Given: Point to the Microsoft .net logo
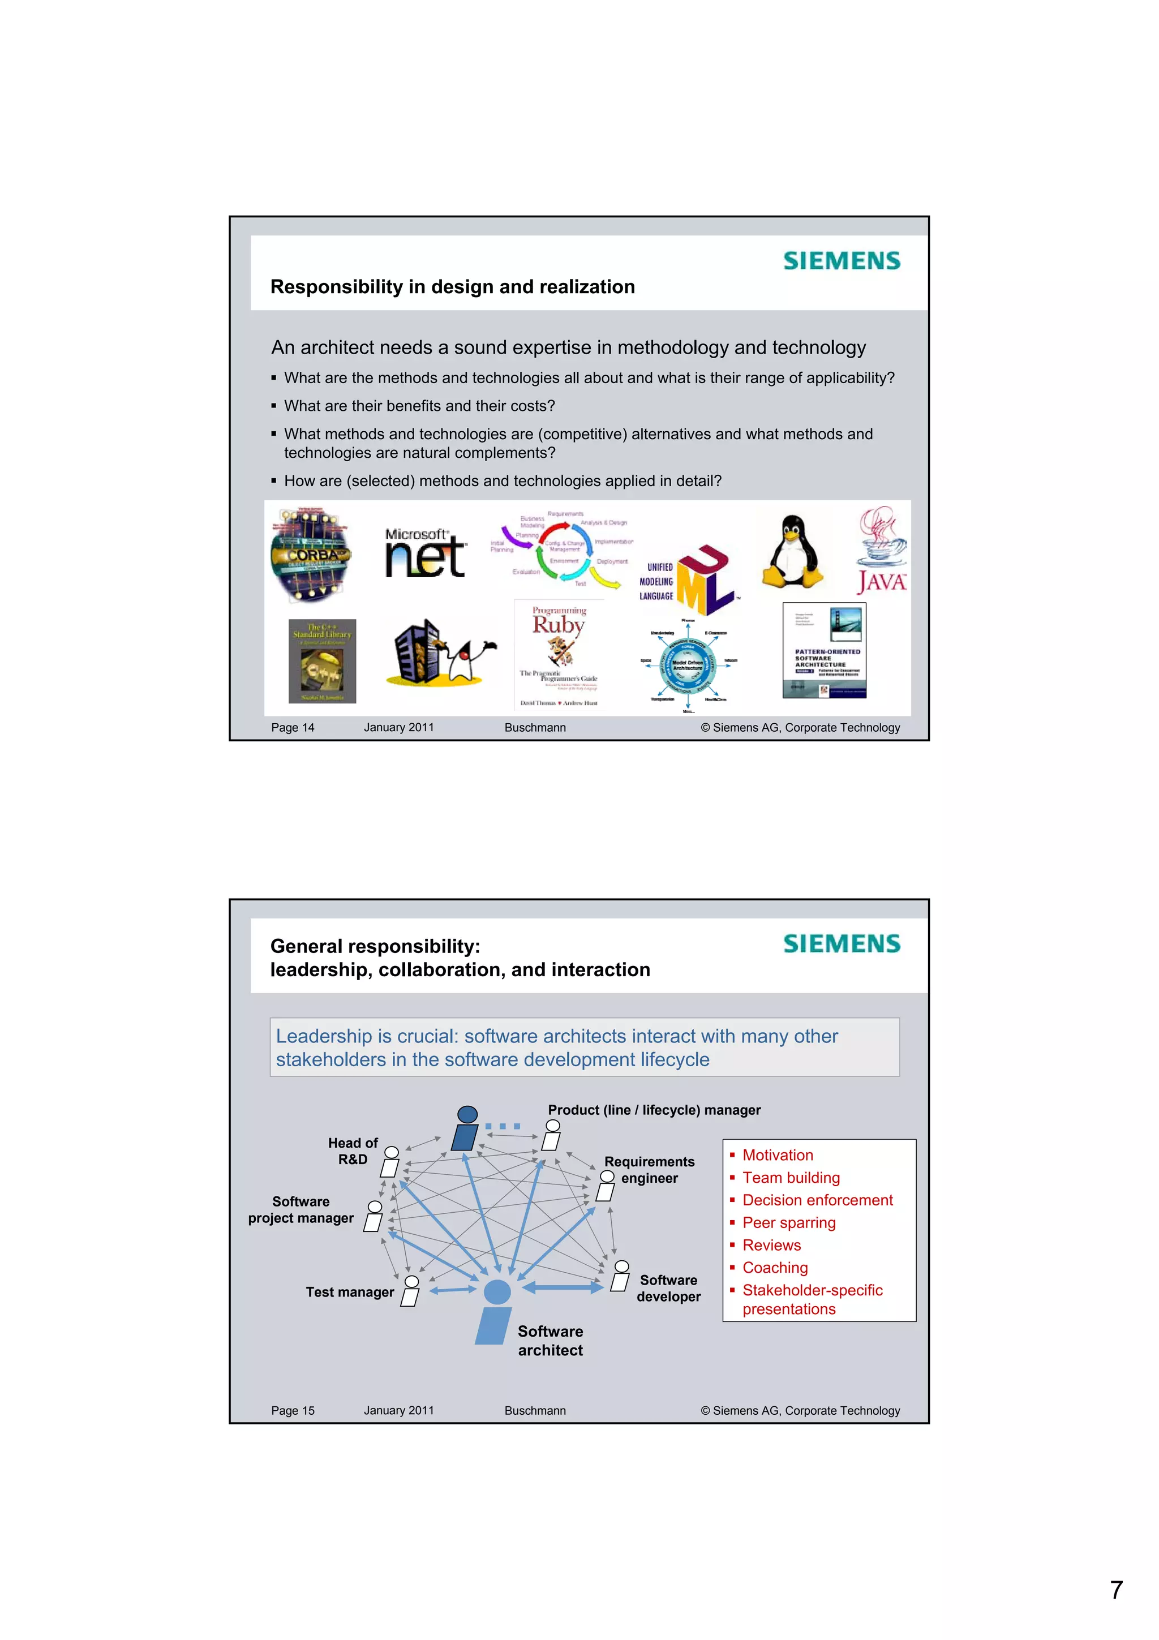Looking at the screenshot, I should point(426,553).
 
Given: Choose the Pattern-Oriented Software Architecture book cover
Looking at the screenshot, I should point(824,650).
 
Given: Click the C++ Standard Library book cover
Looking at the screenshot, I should point(322,661).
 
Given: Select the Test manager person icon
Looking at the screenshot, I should point(411,1291).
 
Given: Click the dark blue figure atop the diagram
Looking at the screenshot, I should point(466,1128).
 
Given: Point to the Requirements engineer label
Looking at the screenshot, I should point(649,1169).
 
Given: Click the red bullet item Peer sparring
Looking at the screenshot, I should point(788,1223).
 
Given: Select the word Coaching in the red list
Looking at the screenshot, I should point(775,1268).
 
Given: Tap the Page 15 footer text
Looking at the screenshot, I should point(293,1411).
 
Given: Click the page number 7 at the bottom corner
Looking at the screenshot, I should point(1116,1590).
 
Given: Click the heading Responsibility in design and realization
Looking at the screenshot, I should point(452,286).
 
